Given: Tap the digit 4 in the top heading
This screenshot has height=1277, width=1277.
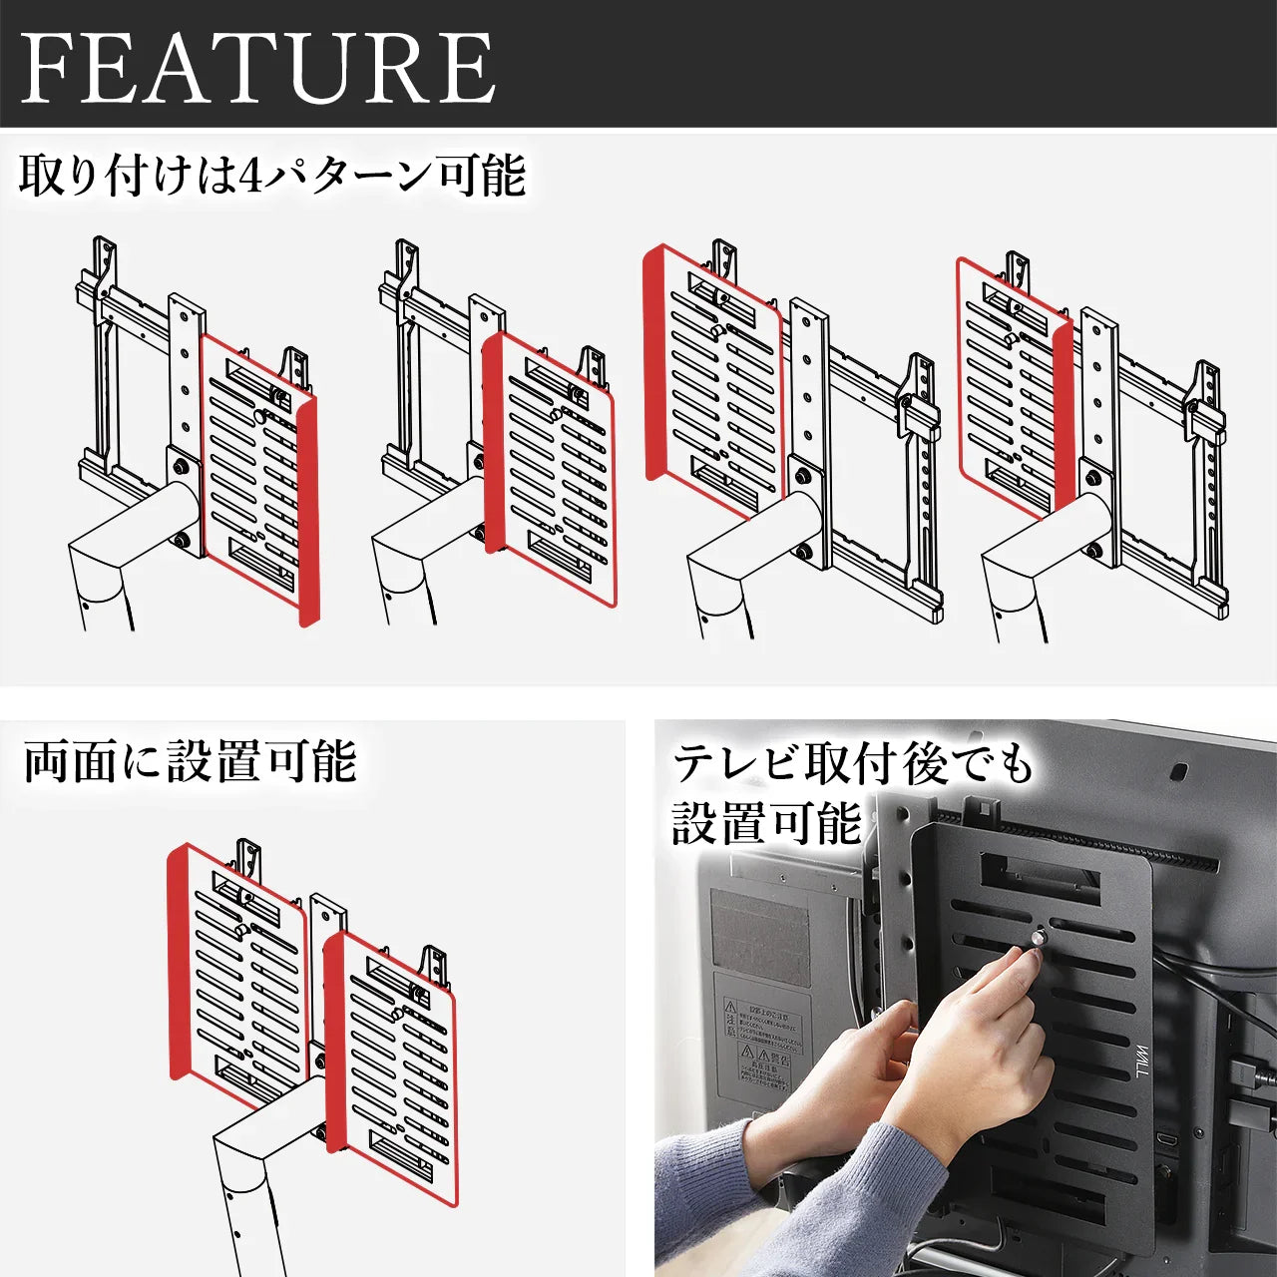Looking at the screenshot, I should coord(250,177).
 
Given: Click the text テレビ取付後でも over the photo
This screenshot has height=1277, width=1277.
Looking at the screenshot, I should coord(853,765).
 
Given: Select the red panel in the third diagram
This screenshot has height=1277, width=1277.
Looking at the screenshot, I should coord(710,379).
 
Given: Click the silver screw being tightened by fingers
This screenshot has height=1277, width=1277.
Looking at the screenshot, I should coord(1040,938).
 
